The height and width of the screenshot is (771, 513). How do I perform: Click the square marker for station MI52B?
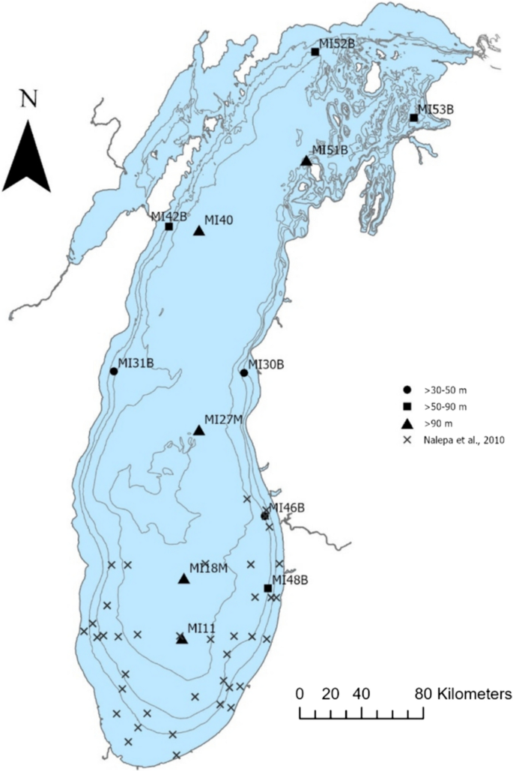[x=315, y=52]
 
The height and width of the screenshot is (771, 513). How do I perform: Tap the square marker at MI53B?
[x=413, y=118]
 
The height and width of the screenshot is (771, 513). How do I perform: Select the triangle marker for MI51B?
[x=306, y=160]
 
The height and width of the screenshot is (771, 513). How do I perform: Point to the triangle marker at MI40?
[x=199, y=231]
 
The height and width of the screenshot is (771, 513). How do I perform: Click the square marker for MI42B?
[x=169, y=226]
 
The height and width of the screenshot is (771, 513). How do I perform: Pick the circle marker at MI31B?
[x=114, y=371]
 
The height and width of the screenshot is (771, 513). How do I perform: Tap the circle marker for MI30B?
[x=244, y=372]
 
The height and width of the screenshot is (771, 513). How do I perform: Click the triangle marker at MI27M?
[x=199, y=430]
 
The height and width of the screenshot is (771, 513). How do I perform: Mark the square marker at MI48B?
[x=267, y=588]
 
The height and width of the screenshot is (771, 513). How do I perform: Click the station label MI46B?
[x=287, y=508]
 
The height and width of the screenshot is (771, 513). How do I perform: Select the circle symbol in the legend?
[x=406, y=390]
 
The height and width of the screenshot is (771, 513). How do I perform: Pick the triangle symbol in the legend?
[x=406, y=424]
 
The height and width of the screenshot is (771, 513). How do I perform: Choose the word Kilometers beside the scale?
[x=477, y=692]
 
